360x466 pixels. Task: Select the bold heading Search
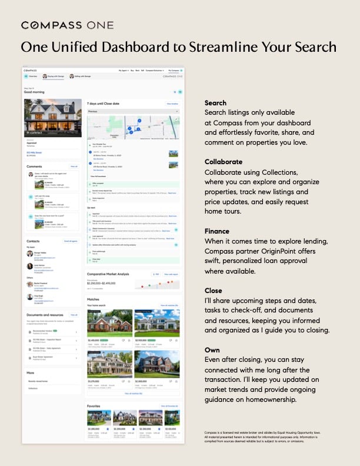[215, 103]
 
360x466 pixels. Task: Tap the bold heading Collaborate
[223, 161]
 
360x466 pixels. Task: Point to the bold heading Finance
[217, 231]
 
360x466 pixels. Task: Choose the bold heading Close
[214, 290]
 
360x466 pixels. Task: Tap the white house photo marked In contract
[52, 118]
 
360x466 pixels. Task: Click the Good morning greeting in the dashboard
[34, 92]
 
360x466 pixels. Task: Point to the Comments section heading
[35, 167]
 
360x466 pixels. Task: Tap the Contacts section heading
[33, 241]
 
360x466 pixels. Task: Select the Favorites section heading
[94, 406]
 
